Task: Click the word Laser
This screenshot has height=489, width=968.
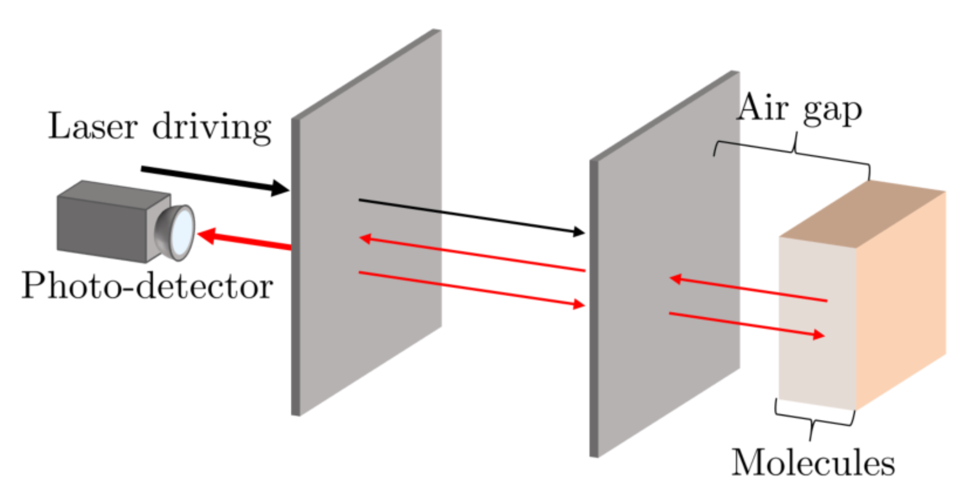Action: [x=93, y=126]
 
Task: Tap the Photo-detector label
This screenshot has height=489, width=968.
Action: [x=147, y=286]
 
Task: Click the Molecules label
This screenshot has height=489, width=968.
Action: [x=813, y=462]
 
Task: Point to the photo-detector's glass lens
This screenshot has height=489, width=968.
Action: [x=182, y=232]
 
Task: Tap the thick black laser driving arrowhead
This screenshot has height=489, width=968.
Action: [x=279, y=188]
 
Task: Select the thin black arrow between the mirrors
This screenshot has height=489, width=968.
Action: [x=472, y=216]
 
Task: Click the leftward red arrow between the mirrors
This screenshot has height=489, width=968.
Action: [x=472, y=255]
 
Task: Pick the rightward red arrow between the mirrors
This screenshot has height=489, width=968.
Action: [x=472, y=288]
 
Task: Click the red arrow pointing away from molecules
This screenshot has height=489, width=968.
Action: [x=748, y=289]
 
